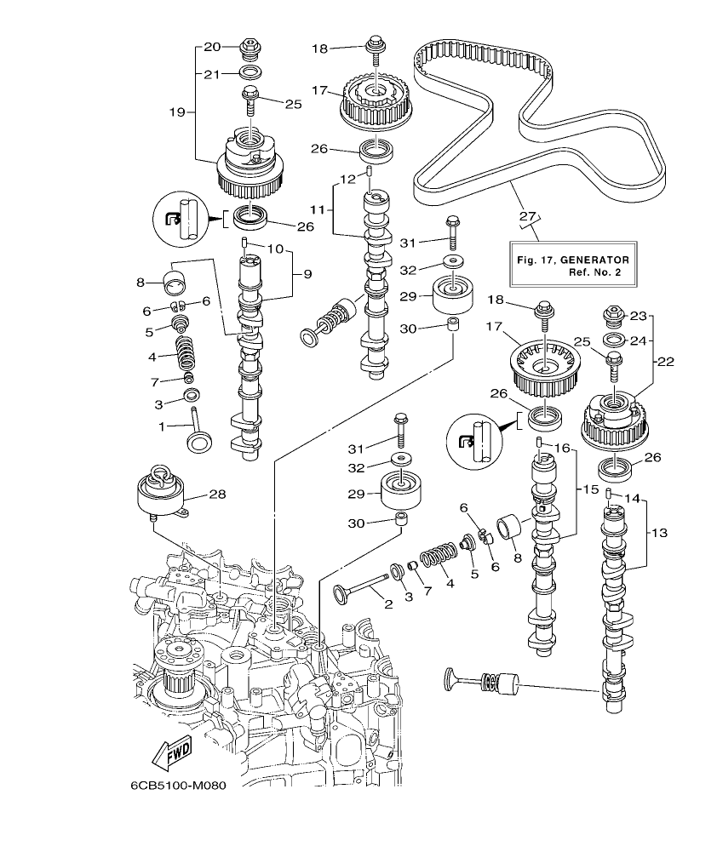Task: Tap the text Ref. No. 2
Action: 596,272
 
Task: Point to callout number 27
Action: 529,217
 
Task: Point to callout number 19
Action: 176,111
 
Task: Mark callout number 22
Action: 665,361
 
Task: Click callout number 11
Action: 317,208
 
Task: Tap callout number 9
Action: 307,274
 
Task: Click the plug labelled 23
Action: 614,317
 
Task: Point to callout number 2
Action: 387,605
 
